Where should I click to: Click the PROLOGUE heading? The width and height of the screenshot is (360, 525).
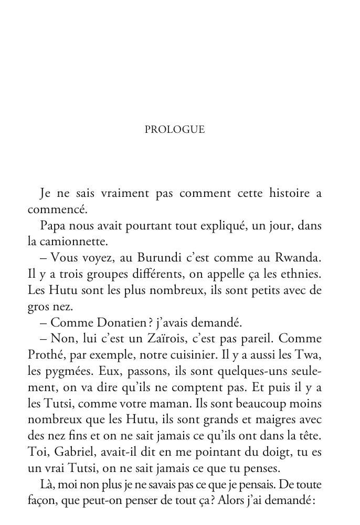coord(174,130)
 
